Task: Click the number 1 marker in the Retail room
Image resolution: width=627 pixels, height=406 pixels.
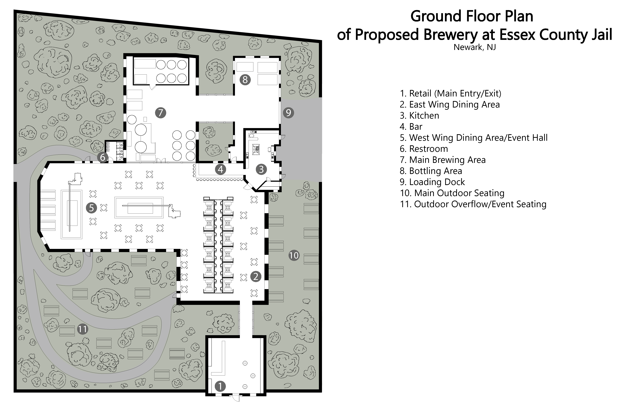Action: tap(220, 386)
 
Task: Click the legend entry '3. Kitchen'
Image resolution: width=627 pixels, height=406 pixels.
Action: tap(419, 116)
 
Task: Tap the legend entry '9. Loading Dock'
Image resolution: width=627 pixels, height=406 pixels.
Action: tap(432, 182)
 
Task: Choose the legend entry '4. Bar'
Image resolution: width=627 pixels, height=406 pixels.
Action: tap(411, 127)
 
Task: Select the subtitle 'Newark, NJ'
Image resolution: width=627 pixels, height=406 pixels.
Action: tap(475, 47)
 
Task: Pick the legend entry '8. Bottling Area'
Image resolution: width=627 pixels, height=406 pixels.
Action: tap(431, 171)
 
